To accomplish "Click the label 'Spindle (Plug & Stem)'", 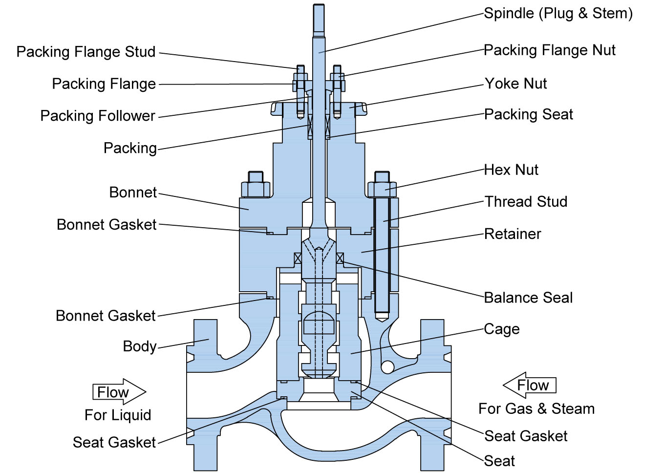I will [x=558, y=13].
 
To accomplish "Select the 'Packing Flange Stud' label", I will [x=86, y=52].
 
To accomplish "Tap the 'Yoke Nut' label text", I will [x=515, y=84].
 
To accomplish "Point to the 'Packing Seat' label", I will [x=528, y=114].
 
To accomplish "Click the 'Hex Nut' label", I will [x=511, y=170].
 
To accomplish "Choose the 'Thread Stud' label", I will [x=526, y=202].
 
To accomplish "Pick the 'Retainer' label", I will [x=513, y=234].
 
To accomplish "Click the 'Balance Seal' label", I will [x=528, y=298].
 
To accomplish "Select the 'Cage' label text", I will [x=502, y=329].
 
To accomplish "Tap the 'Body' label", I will [x=140, y=346].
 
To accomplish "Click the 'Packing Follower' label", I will [x=98, y=116].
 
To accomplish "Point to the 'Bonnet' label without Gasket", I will [x=133, y=193].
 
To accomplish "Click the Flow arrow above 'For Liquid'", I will [x=119, y=392].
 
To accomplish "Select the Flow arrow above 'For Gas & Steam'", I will [x=530, y=385].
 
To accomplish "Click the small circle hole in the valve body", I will [x=387, y=366].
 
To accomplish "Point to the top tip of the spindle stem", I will [x=319, y=6].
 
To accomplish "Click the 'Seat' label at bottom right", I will [x=499, y=461].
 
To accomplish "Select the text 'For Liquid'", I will [x=118, y=415].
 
